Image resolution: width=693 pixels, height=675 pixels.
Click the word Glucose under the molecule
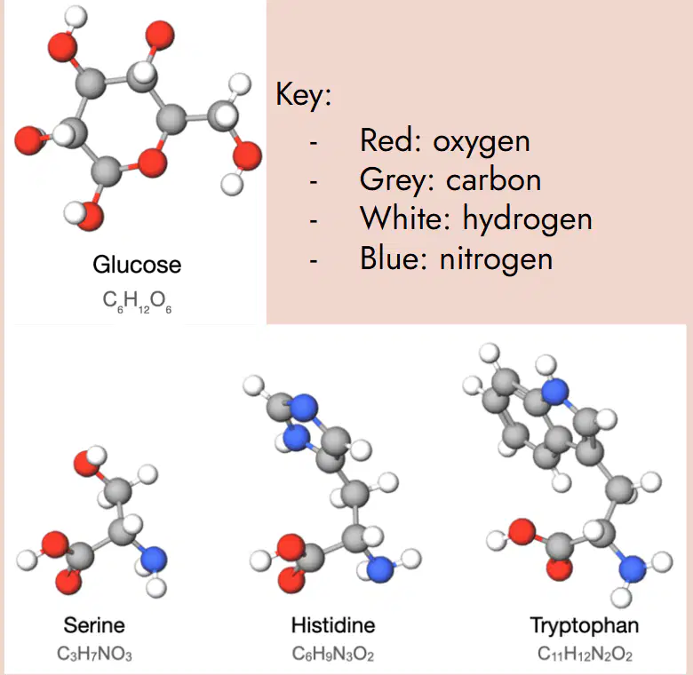click(137, 265)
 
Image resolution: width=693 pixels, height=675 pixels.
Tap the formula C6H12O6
click(137, 302)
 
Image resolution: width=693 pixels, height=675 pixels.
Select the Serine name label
click(94, 625)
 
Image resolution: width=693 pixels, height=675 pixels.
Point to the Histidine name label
click(333, 625)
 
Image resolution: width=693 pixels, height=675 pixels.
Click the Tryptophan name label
click(585, 626)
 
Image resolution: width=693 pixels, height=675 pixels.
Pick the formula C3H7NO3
click(94, 654)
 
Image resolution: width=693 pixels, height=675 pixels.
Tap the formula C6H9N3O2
click(333, 654)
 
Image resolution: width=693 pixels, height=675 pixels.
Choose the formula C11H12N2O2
click(585, 654)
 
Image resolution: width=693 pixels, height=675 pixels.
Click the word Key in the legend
click(303, 95)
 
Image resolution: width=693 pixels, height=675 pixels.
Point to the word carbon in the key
click(494, 179)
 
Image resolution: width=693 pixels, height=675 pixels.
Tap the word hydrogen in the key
click(527, 219)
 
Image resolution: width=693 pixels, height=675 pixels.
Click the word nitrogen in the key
click(497, 259)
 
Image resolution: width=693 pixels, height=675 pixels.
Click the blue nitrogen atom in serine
click(154, 560)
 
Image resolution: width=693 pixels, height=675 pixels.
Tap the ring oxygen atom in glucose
click(153, 163)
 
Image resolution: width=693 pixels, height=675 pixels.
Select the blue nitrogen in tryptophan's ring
click(555, 392)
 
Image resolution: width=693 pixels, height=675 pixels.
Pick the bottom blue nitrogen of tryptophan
click(633, 568)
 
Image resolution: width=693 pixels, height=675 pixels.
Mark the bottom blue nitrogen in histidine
click(380, 568)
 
